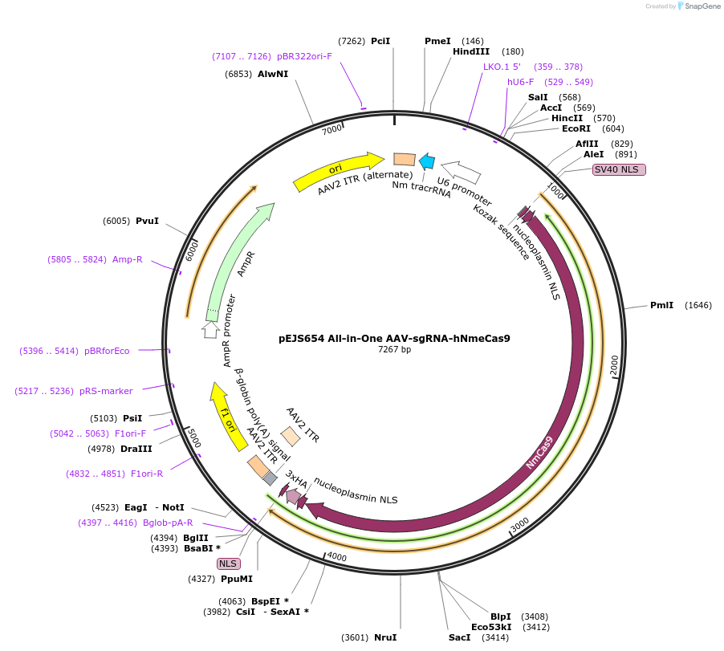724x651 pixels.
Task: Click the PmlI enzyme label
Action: (x=661, y=305)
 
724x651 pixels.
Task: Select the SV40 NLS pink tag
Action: (x=618, y=169)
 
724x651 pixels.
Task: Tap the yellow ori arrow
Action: (x=337, y=170)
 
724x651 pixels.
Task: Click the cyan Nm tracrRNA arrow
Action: (x=426, y=162)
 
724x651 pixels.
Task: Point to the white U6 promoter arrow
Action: (x=462, y=171)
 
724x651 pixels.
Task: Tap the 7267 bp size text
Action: (x=394, y=349)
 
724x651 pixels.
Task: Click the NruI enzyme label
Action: (x=384, y=637)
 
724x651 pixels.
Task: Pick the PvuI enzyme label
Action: (x=147, y=221)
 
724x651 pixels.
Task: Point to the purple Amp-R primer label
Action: (x=127, y=259)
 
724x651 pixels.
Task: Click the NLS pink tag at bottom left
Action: (x=228, y=564)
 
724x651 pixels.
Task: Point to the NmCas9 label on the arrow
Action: (x=539, y=453)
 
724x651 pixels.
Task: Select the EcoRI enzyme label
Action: (x=576, y=128)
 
